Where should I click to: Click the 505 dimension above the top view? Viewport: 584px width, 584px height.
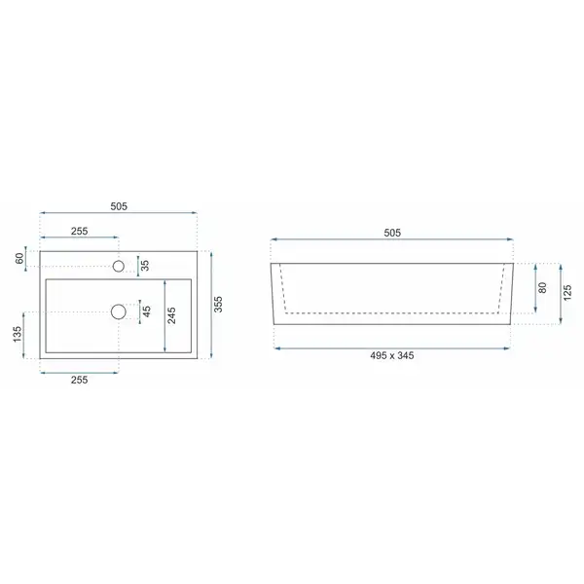coord(119,206)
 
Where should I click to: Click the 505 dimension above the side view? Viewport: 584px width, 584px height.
coord(392,233)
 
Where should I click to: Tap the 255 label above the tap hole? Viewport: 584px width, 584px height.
coord(80,231)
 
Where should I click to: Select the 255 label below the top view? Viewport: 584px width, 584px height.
coord(80,380)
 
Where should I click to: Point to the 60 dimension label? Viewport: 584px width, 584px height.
coord(19,257)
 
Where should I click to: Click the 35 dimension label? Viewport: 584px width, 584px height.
coord(145,265)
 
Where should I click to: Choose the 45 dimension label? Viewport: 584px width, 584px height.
coord(147,311)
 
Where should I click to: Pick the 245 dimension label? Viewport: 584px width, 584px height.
coord(171,315)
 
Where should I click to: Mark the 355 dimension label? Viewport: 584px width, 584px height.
coord(218,304)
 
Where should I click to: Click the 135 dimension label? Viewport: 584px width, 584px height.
coord(18,334)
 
